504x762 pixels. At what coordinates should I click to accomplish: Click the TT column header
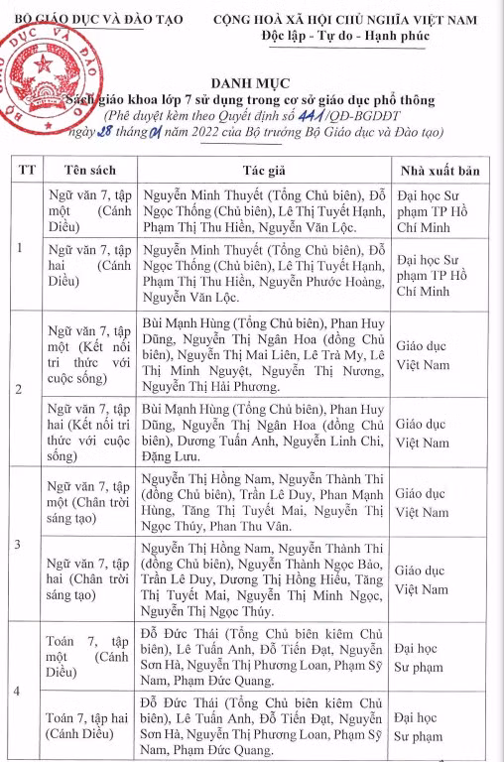tap(26, 170)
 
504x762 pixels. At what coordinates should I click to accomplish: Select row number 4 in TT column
tap(22, 690)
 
